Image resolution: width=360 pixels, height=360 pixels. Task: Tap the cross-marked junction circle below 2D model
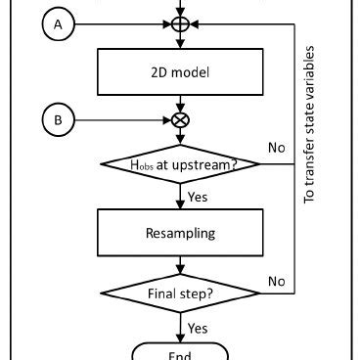click(x=179, y=121)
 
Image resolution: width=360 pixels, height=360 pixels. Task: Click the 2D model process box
click(x=179, y=70)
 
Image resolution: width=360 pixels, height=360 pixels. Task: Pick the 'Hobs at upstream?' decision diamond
click(x=179, y=165)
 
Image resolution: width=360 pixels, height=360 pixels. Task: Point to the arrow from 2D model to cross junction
click(x=179, y=103)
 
